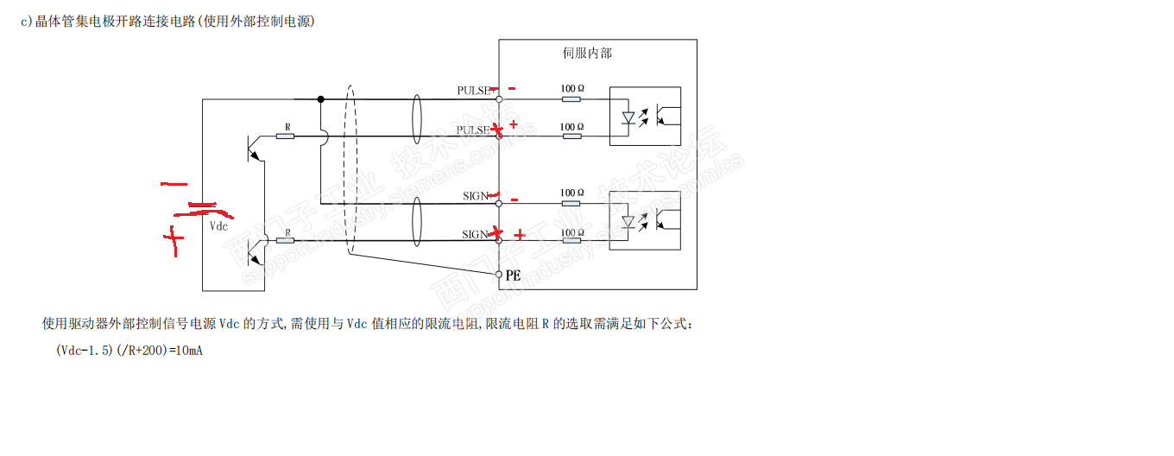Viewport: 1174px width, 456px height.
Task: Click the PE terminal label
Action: click(514, 275)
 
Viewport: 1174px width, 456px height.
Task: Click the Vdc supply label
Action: click(219, 226)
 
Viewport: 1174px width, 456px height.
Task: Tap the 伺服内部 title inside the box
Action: click(587, 54)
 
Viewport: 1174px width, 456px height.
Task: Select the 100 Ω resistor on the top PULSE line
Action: click(571, 99)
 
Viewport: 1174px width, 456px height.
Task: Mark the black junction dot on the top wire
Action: click(320, 99)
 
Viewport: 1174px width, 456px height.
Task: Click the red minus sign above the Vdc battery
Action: click(174, 184)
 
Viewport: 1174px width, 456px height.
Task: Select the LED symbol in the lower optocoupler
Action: click(630, 223)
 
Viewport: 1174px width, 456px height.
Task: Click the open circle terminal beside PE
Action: click(498, 274)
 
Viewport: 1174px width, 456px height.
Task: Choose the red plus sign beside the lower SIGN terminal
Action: click(520, 235)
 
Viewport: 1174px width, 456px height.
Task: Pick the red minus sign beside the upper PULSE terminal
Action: click(512, 88)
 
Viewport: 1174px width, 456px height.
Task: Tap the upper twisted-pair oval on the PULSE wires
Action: click(416, 117)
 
